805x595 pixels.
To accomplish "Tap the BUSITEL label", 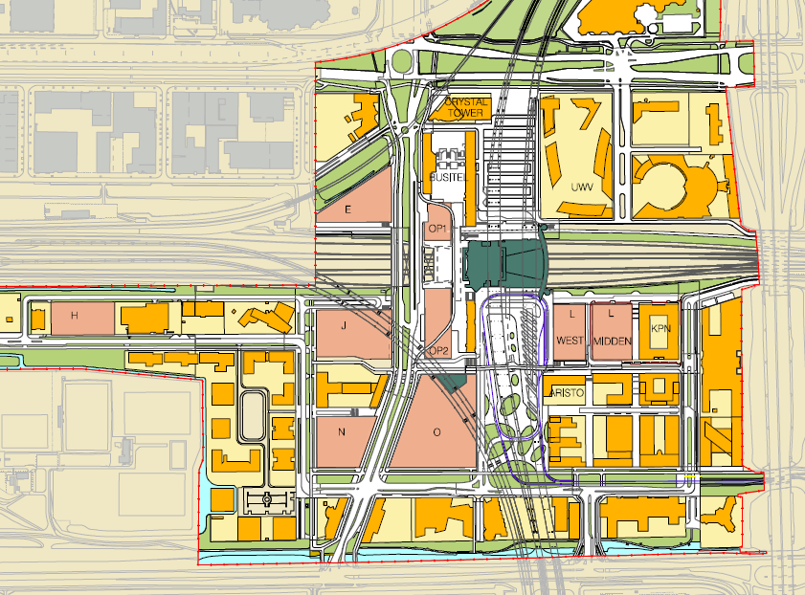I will coord(447,178).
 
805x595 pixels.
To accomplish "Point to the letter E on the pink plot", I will coord(348,209).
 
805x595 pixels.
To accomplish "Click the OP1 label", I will coord(438,228).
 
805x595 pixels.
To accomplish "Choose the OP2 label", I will coord(438,351).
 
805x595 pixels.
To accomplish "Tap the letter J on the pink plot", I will coord(342,324).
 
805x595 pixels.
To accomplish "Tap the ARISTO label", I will coord(566,393).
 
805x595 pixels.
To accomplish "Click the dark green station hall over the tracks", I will coord(503,263).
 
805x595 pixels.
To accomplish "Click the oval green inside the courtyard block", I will coord(254,412).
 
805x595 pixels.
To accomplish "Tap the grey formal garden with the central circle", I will coord(266,499).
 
